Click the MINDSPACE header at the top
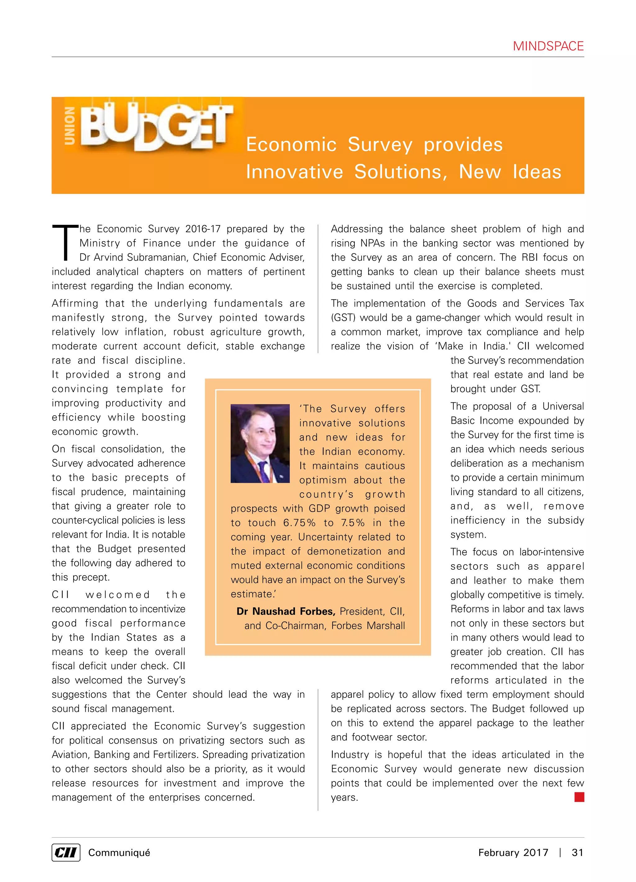pyautogui.click(x=548, y=46)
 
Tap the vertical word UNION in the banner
pyautogui.click(x=70, y=126)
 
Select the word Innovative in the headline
pyautogui.click(x=294, y=172)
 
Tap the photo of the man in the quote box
pyautogui.click(x=260, y=443)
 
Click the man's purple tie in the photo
pyautogui.click(x=263, y=471)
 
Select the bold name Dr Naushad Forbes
pyautogui.click(x=285, y=611)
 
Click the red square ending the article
pyautogui.click(x=579, y=797)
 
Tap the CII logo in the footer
pyautogui.click(x=66, y=853)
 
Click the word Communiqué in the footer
pyautogui.click(x=119, y=853)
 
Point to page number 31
pyautogui.click(x=577, y=853)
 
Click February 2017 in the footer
pyautogui.click(x=513, y=853)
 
